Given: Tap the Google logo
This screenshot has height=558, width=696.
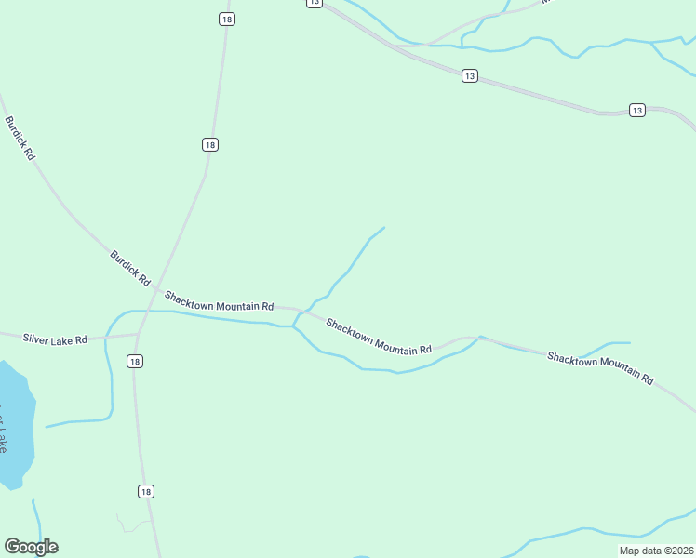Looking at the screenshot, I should coord(31,547).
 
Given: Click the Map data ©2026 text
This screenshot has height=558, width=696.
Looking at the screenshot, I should coord(656,550).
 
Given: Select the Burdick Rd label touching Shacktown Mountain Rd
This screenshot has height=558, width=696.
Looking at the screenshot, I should coord(130,267).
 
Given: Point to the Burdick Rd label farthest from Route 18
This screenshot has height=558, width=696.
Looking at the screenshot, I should coord(20,139).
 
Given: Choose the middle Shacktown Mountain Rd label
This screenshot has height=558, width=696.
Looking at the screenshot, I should coord(379,337).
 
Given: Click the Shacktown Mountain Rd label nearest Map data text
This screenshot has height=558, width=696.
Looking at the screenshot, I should coord(600,368).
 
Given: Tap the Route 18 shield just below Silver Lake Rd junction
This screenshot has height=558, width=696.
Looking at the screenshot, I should coord(136,361).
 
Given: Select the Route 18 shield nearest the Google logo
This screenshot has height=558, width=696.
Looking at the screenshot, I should coord(145,491).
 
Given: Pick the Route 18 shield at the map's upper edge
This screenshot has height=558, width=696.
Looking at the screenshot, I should coord(227,19).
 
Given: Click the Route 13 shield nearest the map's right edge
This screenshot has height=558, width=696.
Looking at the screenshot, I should coord(636,110).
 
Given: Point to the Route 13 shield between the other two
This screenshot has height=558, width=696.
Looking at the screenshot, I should coord(470,76).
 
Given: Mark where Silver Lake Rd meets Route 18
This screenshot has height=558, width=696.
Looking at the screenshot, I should coord(139,334).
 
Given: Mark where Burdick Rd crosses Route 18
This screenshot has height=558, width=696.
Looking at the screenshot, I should coord(154,288).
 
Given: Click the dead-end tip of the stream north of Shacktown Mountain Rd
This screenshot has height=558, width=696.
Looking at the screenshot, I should coord(384,228).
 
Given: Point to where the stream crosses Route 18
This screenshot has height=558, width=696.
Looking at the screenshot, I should coord(145,312).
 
